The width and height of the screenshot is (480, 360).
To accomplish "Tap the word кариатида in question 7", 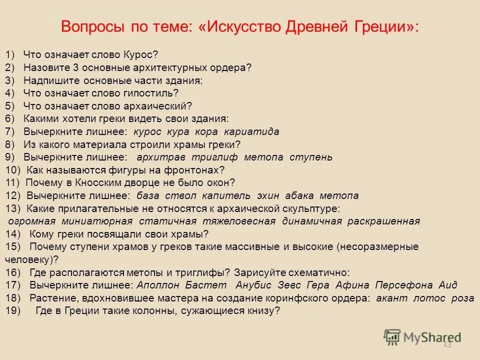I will coord(251,131).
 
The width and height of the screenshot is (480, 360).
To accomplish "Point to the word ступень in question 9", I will coord(311,157).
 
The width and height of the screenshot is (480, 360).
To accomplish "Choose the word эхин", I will coord(269,195).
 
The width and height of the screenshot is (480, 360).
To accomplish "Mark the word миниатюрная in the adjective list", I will coord(97,221).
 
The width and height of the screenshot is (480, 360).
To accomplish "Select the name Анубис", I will coord(253,285).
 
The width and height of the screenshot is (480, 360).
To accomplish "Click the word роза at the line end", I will coord(462,298).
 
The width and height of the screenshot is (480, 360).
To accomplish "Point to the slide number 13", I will coord(447,344).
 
